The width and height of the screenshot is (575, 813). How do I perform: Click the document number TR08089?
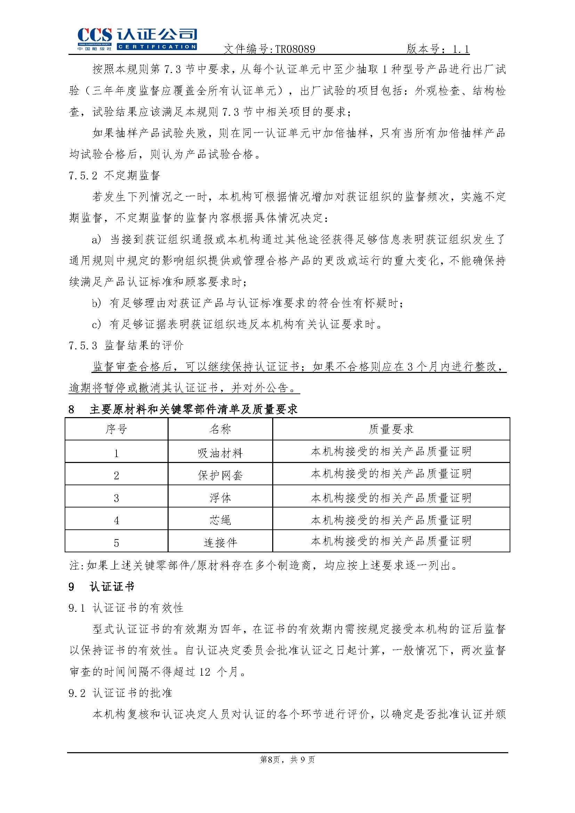pyautogui.click(x=294, y=49)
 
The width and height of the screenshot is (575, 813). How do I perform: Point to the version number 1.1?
pyautogui.click(x=461, y=49)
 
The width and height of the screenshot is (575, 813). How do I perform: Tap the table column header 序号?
pyautogui.click(x=116, y=429)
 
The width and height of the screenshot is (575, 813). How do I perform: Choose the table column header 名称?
pyautogui.click(x=220, y=429)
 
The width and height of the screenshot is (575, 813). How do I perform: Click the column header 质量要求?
pyautogui.click(x=391, y=429)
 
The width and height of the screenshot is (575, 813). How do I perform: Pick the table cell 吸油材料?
pyautogui.click(x=220, y=453)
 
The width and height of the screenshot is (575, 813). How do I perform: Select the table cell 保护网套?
pyautogui.click(x=220, y=475)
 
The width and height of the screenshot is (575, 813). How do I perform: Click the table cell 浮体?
pyautogui.click(x=220, y=497)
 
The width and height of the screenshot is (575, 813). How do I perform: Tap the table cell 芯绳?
pyautogui.click(x=220, y=520)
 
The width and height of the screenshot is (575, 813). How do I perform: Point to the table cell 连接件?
pyautogui.click(x=220, y=542)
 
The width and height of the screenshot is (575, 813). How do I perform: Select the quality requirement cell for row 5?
pyautogui.click(x=391, y=541)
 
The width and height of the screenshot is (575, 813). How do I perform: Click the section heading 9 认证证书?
pyautogui.click(x=101, y=587)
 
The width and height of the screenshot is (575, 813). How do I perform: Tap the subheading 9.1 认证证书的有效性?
pyautogui.click(x=126, y=608)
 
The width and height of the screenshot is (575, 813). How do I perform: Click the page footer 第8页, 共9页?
pyautogui.click(x=287, y=759)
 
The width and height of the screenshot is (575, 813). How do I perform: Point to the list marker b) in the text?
pyautogui.click(x=96, y=303)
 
